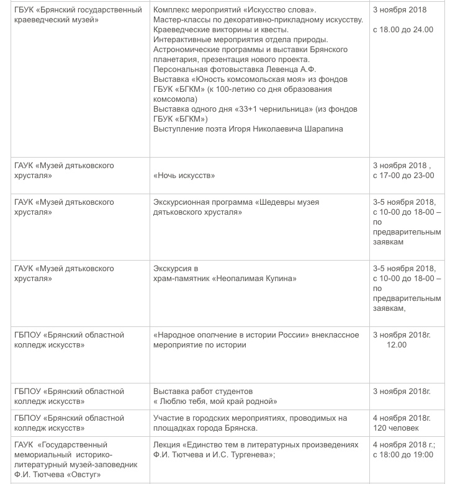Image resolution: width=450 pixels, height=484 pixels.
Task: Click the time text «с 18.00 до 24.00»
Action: tap(403, 29)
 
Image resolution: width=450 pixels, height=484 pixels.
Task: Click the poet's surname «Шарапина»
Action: tap(321, 128)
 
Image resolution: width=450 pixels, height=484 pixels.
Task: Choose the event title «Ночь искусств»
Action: tap(184, 176)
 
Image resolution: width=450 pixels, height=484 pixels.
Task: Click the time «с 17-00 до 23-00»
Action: tap(403, 176)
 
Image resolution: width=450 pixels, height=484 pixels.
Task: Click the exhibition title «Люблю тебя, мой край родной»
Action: tap(215, 401)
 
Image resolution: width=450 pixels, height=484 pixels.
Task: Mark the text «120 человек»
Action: tap(395, 428)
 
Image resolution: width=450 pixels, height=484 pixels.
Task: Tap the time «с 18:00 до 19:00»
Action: tap(403, 454)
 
